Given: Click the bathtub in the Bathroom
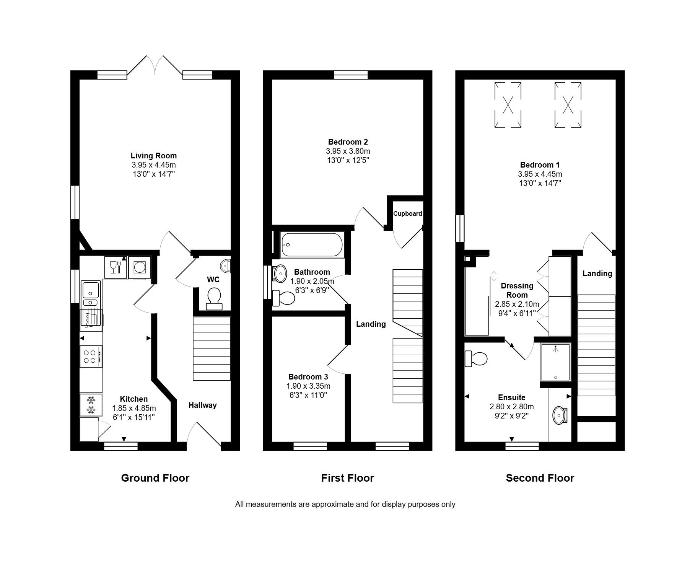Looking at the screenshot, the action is tap(312, 245).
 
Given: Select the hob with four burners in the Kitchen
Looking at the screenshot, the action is tap(91, 357).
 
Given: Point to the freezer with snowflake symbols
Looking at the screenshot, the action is tap(91, 405).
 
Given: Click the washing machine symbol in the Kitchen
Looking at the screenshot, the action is tap(140, 267).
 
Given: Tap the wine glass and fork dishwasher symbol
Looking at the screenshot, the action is tap(116, 267).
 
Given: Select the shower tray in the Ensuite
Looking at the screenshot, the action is tap(555, 362).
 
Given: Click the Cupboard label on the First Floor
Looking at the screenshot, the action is tap(408, 213).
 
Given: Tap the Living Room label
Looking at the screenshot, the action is tap(154, 156).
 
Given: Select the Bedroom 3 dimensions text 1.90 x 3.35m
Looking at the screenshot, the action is tap(308, 386).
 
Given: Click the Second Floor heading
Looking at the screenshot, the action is tap(540, 478).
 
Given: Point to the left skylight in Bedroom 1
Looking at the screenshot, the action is tap(508, 105).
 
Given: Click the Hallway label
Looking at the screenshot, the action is tap(202, 405).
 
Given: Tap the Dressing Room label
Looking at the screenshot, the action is tap(517, 290).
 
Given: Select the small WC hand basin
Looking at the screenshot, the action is tap(226, 266).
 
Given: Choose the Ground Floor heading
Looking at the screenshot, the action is tap(155, 478).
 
